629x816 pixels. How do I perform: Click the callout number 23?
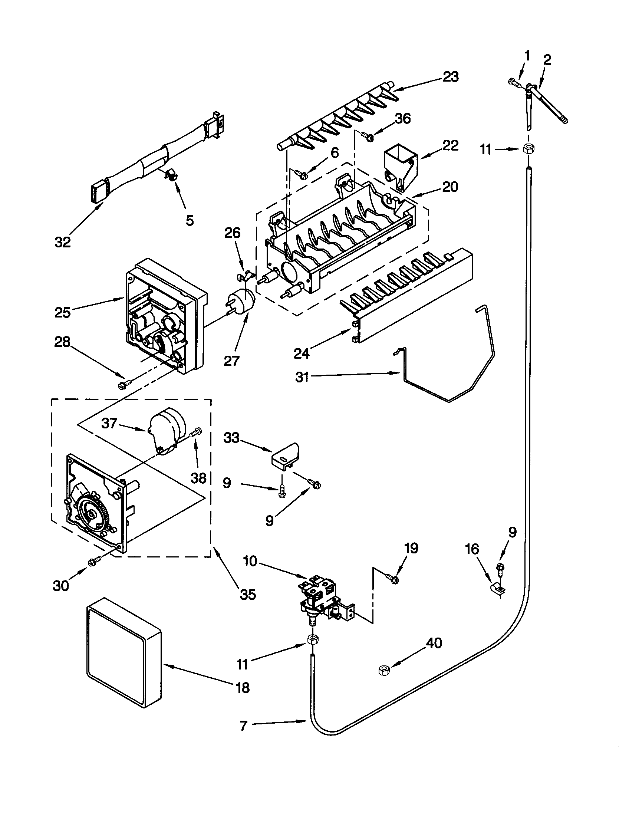pos(451,77)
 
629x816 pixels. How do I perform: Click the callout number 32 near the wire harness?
pos(62,243)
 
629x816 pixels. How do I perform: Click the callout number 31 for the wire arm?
pos(302,377)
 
